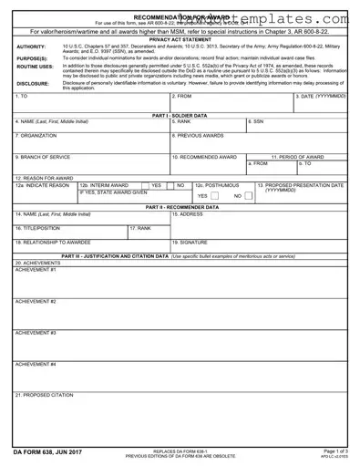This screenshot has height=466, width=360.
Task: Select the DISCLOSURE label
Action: [x=33, y=83]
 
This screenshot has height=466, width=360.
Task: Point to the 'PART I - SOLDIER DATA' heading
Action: [x=180, y=116]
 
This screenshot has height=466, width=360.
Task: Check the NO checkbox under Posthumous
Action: [x=247, y=195]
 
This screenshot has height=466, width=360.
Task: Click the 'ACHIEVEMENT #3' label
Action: [x=36, y=333]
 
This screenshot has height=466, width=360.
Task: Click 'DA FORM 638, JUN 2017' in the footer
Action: [x=43, y=450]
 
